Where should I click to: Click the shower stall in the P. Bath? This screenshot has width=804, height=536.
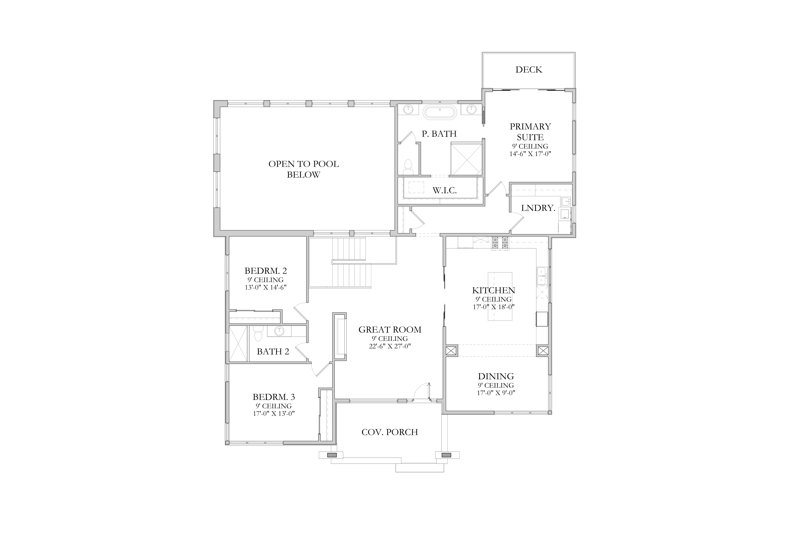pos(466,159)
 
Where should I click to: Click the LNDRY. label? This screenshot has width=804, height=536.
pos(538,208)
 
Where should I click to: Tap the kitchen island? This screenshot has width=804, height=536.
pos(500,296)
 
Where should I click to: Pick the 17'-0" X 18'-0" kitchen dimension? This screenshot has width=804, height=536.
pos(494,307)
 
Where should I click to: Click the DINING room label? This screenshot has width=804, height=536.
pos(496,376)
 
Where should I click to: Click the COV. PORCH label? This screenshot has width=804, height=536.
pos(390,432)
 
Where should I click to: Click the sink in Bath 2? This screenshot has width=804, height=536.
pos(279,331)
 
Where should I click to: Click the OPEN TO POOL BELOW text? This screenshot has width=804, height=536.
pos(304,169)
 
